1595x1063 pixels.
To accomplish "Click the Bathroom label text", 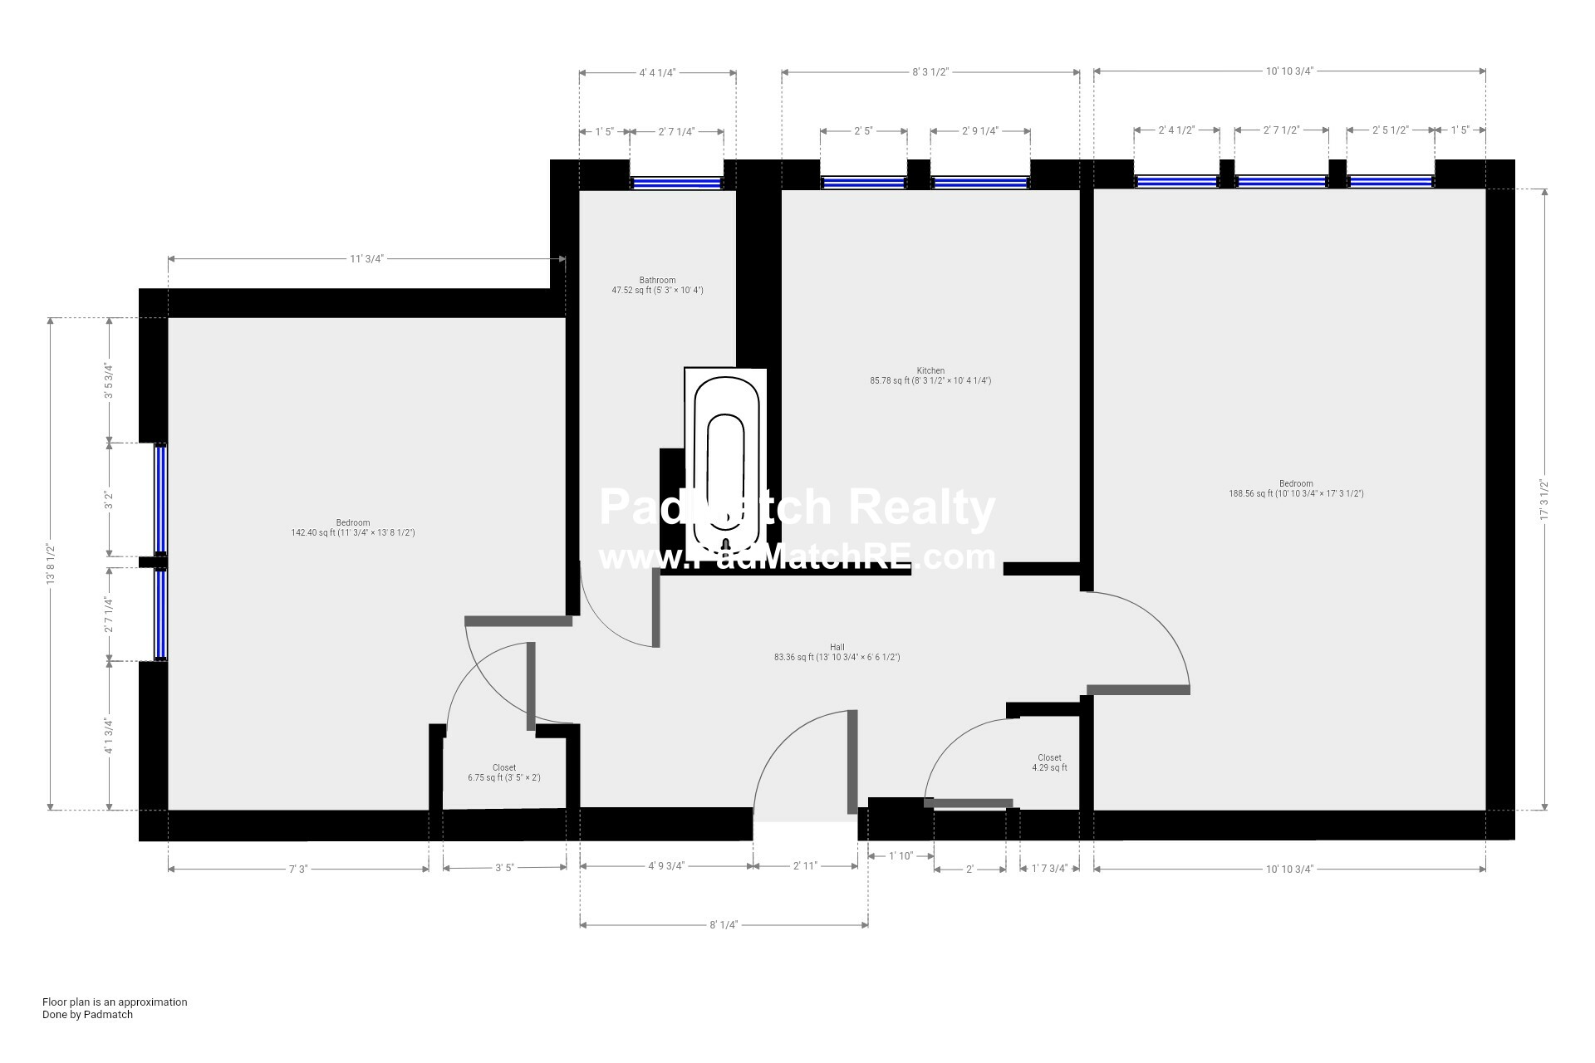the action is click(657, 280).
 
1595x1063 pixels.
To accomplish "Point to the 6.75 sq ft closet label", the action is click(504, 773).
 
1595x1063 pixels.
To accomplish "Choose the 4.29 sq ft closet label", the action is click(1049, 763).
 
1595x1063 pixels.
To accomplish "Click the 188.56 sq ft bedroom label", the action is click(1296, 489).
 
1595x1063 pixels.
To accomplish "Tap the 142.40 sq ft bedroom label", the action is click(353, 528).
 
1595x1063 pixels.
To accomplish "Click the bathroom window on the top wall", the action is click(676, 183).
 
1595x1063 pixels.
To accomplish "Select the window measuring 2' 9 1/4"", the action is click(980, 183).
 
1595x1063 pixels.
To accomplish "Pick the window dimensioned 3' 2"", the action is click(160, 500).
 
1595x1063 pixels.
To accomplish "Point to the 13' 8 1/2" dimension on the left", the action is click(50, 564).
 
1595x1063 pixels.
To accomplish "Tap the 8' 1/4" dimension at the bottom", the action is click(724, 924).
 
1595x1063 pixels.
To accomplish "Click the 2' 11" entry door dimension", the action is click(805, 866).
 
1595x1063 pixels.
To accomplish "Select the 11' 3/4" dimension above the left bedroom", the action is click(366, 259).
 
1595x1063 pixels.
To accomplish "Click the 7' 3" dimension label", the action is click(298, 870).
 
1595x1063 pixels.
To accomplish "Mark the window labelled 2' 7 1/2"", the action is click(1282, 183).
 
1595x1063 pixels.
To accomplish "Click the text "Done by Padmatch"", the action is click(88, 1014).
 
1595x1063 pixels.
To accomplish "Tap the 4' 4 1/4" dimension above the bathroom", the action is click(657, 72).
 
